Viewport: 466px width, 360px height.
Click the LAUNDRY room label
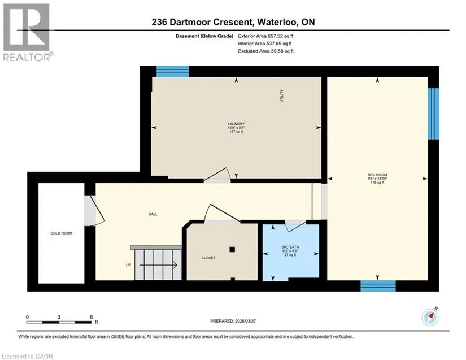pyautogui.click(x=236, y=124)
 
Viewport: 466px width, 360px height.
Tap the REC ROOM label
pyautogui.click(x=377, y=175)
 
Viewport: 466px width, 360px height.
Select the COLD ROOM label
pyautogui.click(x=61, y=233)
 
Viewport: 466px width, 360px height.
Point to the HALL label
pyautogui.click(x=153, y=214)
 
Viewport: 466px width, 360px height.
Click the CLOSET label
pyautogui.click(x=208, y=258)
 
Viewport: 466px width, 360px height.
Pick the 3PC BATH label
pyautogui.click(x=290, y=247)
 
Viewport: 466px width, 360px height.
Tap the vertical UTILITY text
pyautogui.click(x=282, y=96)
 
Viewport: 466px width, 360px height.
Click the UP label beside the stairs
pyautogui.click(x=128, y=265)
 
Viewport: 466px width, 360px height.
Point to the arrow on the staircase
pyautogui.click(x=158, y=265)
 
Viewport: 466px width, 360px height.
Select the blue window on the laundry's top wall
pyautogui.click(x=173, y=72)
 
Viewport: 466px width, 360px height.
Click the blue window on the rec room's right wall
pyautogui.click(x=433, y=114)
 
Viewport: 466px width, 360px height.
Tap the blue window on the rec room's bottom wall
pyautogui.click(x=378, y=285)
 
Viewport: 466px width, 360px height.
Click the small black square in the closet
pyautogui.click(x=232, y=249)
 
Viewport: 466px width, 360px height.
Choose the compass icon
pyautogui.click(x=430, y=317)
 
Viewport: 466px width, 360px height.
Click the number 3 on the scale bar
pyautogui.click(x=59, y=317)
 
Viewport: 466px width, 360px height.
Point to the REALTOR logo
pyautogui.click(x=27, y=32)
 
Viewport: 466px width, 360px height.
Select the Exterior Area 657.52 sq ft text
pyautogui.click(x=265, y=36)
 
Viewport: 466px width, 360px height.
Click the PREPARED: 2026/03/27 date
pyautogui.click(x=233, y=321)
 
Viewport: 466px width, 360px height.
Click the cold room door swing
pyautogui.click(x=94, y=210)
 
